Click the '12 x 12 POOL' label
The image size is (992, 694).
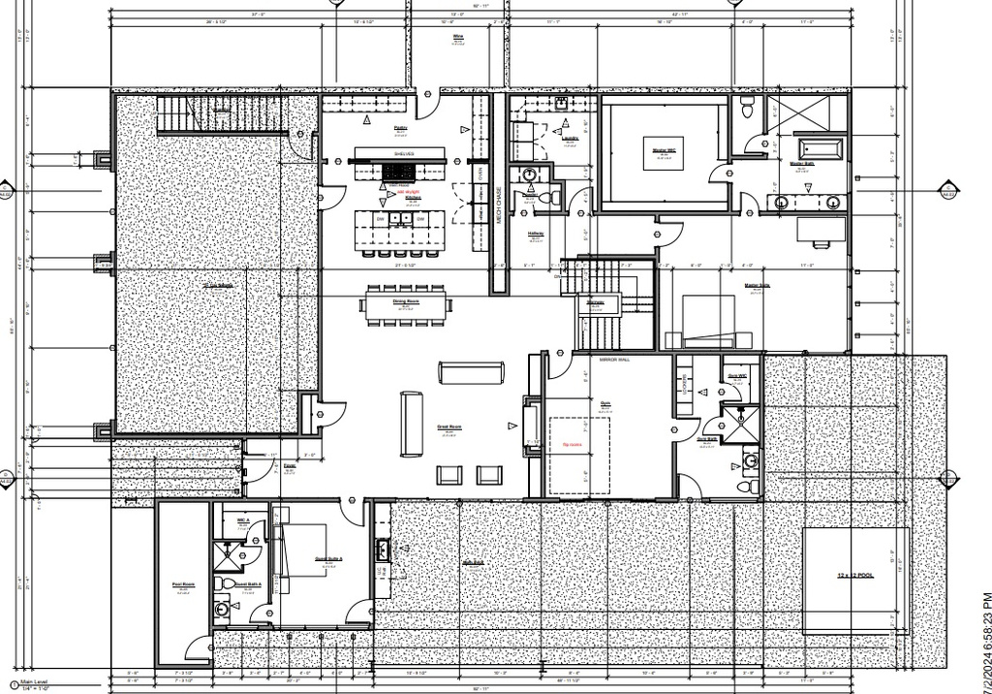click(854, 574)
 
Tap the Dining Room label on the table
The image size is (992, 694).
click(406, 301)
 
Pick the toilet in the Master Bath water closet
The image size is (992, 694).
click(747, 109)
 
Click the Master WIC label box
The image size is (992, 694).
click(664, 151)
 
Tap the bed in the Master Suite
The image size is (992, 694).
click(717, 320)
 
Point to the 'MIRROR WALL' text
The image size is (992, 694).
click(614, 359)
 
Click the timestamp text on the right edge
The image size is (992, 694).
click(985, 640)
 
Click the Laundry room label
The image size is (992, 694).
click(569, 138)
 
